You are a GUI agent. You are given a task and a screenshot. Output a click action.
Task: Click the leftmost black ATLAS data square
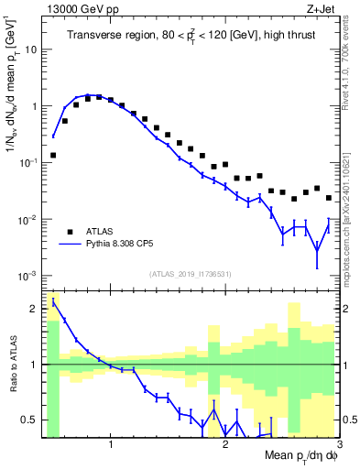pos(54,155)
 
